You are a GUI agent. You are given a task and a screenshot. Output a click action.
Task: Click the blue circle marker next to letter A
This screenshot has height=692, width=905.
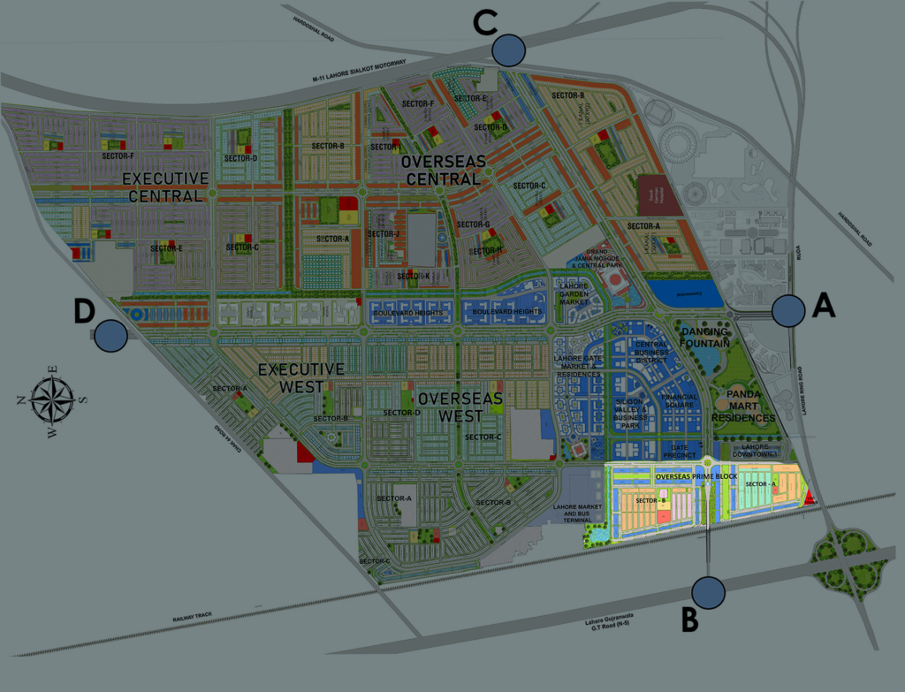click(x=787, y=310)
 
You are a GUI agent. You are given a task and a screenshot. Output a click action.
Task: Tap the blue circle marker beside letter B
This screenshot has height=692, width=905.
click(x=708, y=592)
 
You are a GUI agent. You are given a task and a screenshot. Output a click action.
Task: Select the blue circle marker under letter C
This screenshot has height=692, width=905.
click(x=509, y=49)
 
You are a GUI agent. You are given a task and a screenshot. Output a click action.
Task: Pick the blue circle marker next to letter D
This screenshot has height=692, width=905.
click(x=110, y=335)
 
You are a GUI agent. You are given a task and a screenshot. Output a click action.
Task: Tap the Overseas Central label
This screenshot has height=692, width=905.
click(x=440, y=171)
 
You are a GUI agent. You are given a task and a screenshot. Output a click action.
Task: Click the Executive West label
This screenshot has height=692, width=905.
click(x=300, y=377)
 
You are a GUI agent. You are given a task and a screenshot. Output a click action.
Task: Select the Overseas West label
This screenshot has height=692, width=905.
click(x=460, y=407)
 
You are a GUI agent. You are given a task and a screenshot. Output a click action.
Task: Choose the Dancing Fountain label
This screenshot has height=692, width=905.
click(x=705, y=337)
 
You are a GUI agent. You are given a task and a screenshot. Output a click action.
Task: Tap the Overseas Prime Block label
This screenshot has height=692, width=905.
click(x=696, y=476)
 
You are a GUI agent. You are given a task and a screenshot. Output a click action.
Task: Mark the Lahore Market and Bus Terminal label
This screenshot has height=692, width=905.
click(x=576, y=513)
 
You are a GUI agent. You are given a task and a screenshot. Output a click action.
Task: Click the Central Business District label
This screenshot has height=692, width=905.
click(x=652, y=351)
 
